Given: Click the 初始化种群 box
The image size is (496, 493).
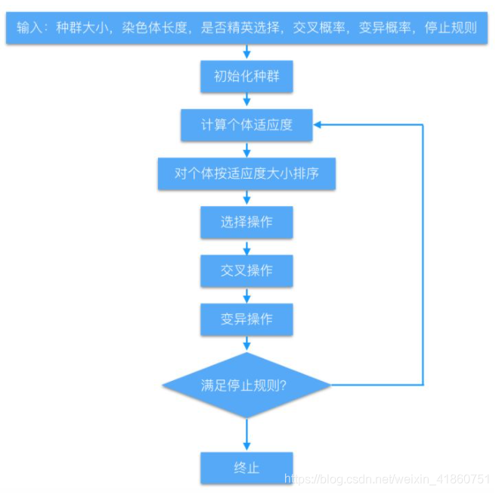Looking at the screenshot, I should (x=246, y=76).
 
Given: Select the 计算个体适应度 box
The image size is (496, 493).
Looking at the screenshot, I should (x=246, y=125).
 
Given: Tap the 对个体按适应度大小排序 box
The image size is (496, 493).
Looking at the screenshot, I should (x=246, y=173).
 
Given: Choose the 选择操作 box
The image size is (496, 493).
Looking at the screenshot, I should (x=246, y=222).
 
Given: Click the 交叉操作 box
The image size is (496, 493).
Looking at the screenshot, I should (x=246, y=270).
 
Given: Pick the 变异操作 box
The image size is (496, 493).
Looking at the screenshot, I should (x=246, y=319).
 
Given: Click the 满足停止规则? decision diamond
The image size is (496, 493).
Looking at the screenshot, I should (x=246, y=385).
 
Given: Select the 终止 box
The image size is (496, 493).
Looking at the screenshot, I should (x=246, y=467).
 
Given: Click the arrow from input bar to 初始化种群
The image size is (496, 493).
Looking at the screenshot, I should (x=246, y=51).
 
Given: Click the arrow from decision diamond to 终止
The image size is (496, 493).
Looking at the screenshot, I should (x=246, y=435).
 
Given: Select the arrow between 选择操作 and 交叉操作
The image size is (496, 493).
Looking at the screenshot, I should (x=246, y=246).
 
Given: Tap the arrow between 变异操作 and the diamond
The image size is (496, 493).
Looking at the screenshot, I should (x=246, y=344).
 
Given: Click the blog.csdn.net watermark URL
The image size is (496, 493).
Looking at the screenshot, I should (x=386, y=479).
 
